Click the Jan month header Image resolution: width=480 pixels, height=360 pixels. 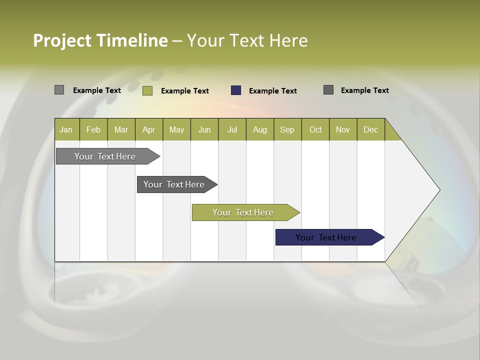(66, 130)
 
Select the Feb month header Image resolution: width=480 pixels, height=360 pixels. (93, 130)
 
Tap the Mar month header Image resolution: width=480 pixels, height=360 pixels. (121, 130)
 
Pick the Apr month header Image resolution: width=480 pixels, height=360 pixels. (149, 130)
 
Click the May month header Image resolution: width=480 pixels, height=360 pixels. (176, 130)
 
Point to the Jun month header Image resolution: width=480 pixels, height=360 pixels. (204, 130)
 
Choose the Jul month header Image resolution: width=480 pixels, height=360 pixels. (232, 130)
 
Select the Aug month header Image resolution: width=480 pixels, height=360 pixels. (260, 130)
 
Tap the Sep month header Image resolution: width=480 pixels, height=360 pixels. (287, 130)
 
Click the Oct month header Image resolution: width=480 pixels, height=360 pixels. (315, 130)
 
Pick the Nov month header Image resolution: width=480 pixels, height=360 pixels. (343, 130)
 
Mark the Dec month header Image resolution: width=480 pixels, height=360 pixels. (371, 130)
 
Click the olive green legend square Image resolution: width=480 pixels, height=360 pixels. (147, 90)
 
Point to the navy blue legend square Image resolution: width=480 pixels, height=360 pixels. (236, 90)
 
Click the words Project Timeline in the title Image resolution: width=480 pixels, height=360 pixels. (100, 40)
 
